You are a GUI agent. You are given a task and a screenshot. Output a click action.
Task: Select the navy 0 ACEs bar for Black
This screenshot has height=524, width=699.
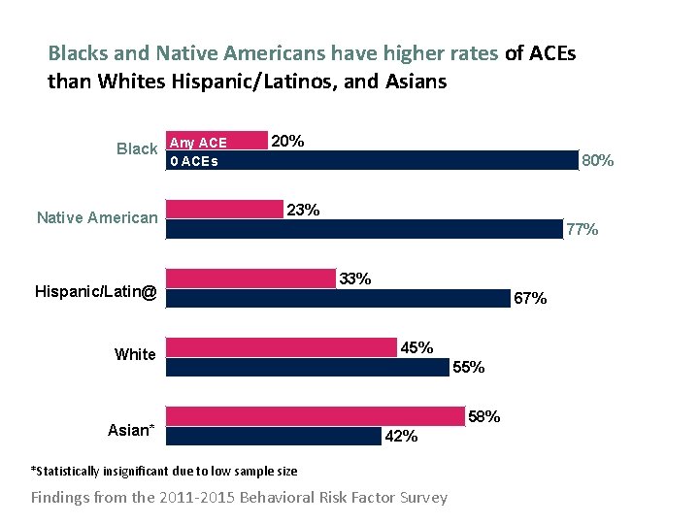pyautogui.click(x=373, y=160)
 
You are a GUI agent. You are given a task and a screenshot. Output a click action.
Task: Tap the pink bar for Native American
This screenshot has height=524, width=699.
pyautogui.click(x=225, y=210)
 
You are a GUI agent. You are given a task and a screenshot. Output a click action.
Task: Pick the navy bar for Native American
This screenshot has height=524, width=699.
pyautogui.click(x=365, y=229)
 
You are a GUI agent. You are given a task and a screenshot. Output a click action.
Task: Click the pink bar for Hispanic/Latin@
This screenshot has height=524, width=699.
pyautogui.click(x=250, y=278)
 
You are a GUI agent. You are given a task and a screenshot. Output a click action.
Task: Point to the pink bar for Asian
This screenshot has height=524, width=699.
pyautogui.click(x=316, y=416)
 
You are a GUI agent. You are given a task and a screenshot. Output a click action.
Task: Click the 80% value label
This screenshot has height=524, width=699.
pyautogui.click(x=596, y=161)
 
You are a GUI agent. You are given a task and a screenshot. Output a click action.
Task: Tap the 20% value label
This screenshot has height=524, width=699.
pyautogui.click(x=287, y=142)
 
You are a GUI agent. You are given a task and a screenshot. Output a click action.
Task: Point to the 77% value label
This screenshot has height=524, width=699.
pyautogui.click(x=582, y=230)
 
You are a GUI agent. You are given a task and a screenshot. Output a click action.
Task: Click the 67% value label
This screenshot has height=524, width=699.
pyautogui.click(x=530, y=299)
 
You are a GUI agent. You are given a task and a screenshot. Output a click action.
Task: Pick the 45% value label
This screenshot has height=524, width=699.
pyautogui.click(x=417, y=347)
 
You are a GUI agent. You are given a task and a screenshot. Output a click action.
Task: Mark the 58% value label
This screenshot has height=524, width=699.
pyautogui.click(x=484, y=416)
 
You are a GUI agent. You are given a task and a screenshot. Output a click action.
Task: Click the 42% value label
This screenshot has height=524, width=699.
pyautogui.click(x=402, y=437)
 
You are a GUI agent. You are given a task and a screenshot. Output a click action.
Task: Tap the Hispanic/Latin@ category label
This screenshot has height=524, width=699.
pyautogui.click(x=95, y=291)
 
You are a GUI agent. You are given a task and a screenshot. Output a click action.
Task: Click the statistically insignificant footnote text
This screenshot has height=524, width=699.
pyautogui.click(x=164, y=472)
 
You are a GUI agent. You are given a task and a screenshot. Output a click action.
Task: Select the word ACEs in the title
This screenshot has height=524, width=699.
pyautogui.click(x=552, y=53)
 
